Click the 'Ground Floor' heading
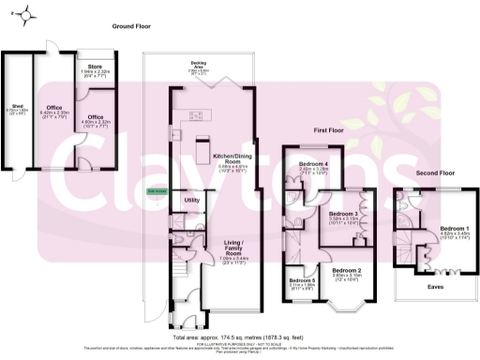coord(133,27)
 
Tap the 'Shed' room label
coord(16,108)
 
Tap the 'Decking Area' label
coord(199,66)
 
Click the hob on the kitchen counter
coord(199,116)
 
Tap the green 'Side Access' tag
coord(157,194)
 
